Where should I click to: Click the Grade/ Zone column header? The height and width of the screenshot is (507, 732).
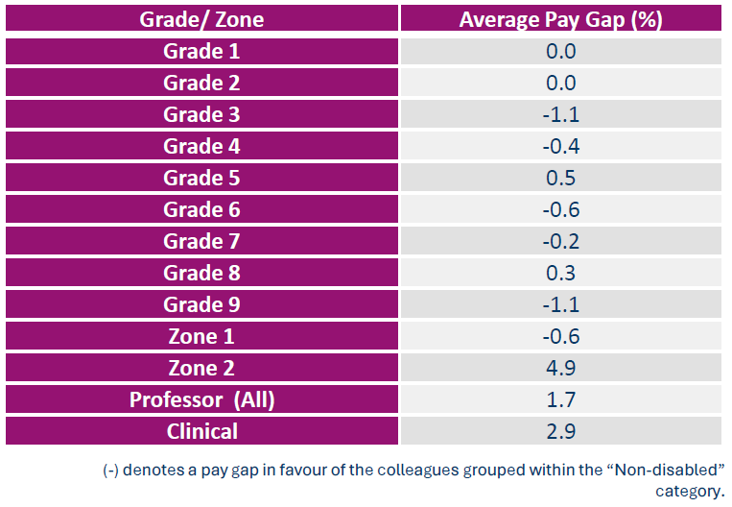pyautogui.click(x=201, y=19)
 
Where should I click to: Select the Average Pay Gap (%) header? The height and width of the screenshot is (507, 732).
pyautogui.click(x=560, y=19)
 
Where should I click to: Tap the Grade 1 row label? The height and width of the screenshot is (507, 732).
pyautogui.click(x=201, y=51)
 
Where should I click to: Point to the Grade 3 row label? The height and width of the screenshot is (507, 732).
pyautogui.click(x=201, y=114)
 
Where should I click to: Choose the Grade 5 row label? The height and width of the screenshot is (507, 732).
pyautogui.click(x=201, y=178)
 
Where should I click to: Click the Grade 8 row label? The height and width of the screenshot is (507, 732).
pyautogui.click(x=201, y=273)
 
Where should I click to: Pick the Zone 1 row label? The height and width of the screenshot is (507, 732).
pyautogui.click(x=201, y=336)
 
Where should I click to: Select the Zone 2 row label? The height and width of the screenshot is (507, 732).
pyautogui.click(x=201, y=368)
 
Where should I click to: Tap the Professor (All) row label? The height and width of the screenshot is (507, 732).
pyautogui.click(x=201, y=399)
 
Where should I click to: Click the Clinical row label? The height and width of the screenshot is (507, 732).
pyautogui.click(x=201, y=431)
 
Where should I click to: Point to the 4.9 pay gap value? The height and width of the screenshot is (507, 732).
pyautogui.click(x=560, y=368)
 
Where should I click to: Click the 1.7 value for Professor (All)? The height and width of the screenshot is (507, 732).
pyautogui.click(x=560, y=399)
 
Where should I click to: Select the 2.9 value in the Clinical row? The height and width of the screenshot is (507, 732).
pyautogui.click(x=560, y=431)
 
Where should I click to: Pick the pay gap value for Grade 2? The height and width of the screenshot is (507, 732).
pyautogui.click(x=560, y=83)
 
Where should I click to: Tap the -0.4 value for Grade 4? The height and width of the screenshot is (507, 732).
pyautogui.click(x=560, y=146)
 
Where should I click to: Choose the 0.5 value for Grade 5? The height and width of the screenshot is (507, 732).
pyautogui.click(x=560, y=178)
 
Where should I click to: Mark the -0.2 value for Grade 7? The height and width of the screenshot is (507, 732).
pyautogui.click(x=560, y=241)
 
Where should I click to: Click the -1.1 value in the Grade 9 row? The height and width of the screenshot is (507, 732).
pyautogui.click(x=560, y=304)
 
